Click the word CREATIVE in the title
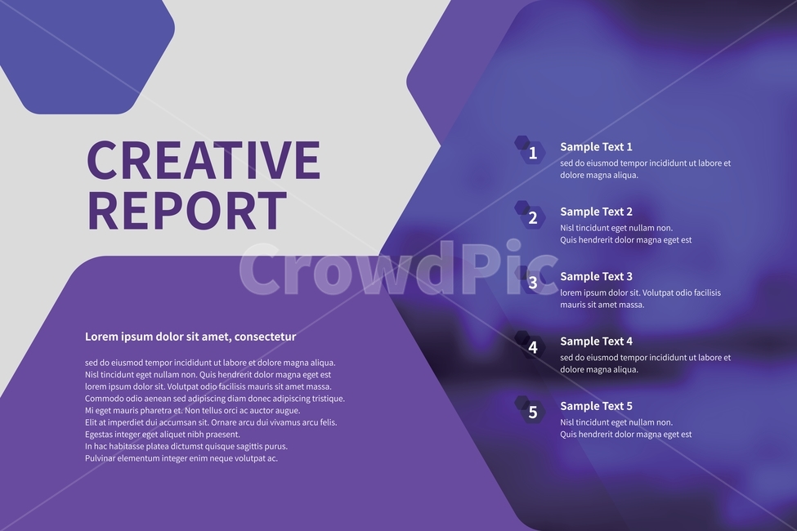[x=203, y=160]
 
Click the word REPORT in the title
[x=186, y=211]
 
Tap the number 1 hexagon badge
[x=532, y=153]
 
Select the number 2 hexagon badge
[x=532, y=217]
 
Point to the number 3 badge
[x=532, y=283]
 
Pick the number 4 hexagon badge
[x=532, y=347]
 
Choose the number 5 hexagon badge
[x=532, y=412]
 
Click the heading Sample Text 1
[x=596, y=147]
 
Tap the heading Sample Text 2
[x=596, y=212]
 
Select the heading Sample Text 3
[x=596, y=276]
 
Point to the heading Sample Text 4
[x=596, y=341]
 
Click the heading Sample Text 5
[x=596, y=406]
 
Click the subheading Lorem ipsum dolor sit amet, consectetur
[x=190, y=337]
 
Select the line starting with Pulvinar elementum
[x=181, y=458]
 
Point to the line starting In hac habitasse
[x=186, y=447]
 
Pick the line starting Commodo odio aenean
[x=214, y=399]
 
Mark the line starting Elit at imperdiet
[x=210, y=422]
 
